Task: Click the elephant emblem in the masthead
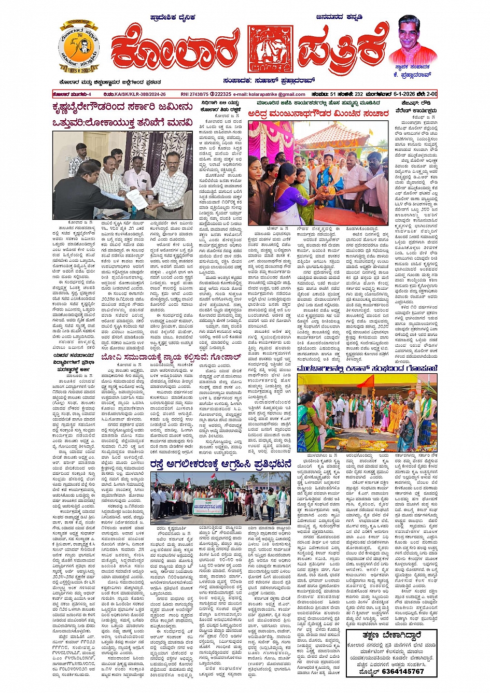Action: coord(270,49)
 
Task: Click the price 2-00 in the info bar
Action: coord(430,94)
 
